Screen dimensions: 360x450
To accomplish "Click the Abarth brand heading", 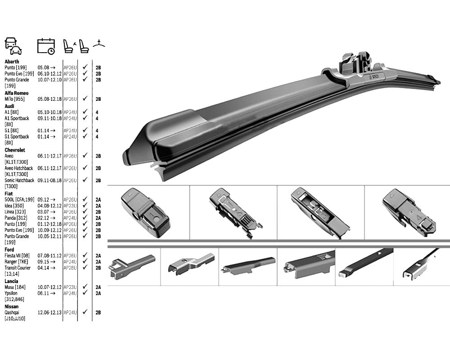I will point(12,62).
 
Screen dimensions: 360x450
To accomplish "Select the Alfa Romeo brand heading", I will point(16,93).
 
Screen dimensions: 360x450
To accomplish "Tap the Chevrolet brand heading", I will point(15,150).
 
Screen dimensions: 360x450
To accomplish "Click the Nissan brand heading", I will point(12,306).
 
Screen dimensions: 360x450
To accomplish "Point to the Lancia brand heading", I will point(12,281).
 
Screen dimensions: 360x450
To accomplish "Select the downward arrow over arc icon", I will point(99,44).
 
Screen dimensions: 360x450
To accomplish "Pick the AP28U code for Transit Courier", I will point(70,268).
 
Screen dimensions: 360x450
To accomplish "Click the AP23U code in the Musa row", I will point(70,287).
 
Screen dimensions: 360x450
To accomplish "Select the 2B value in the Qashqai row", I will point(98,312).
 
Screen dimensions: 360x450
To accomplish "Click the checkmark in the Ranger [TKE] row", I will point(85,261).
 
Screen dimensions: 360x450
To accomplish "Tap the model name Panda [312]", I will point(16,218).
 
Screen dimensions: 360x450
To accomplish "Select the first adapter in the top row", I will point(145,213).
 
